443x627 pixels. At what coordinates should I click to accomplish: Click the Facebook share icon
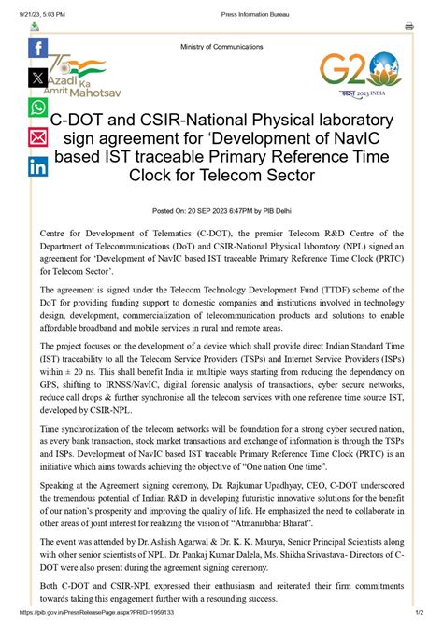click(38, 49)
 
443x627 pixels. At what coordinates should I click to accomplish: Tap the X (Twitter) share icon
click(38, 78)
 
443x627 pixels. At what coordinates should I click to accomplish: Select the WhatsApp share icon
click(38, 107)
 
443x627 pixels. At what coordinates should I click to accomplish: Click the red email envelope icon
click(38, 137)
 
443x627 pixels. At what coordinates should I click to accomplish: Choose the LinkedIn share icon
click(38, 167)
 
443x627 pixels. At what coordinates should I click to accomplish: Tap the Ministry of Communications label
click(221, 47)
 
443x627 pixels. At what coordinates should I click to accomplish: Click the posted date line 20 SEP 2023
click(221, 211)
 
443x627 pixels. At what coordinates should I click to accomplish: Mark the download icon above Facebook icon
click(35, 26)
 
